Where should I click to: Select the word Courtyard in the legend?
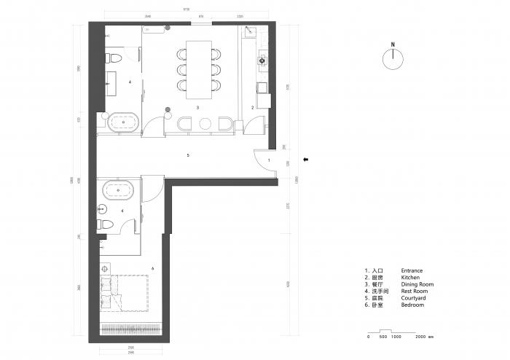pos(414,298)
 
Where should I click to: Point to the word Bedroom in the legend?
pos(412,305)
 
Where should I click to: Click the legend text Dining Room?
pos(417,284)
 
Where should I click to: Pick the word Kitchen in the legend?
pos(411,278)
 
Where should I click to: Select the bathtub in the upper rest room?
pos(123,122)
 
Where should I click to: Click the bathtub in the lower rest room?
pos(118,192)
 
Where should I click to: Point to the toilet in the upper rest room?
pos(115,58)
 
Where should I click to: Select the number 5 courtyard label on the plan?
pos(188,155)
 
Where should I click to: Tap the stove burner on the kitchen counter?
pos(262,61)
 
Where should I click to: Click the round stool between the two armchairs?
pos(205,123)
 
